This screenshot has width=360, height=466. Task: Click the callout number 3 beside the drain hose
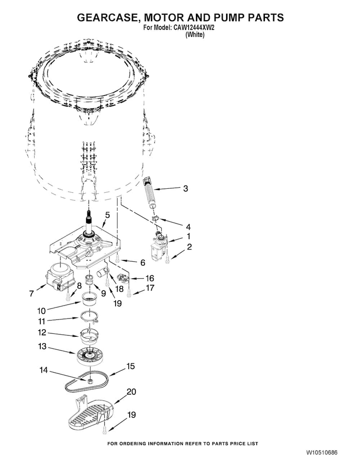pyautogui.click(x=185, y=188)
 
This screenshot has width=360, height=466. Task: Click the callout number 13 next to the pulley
pyautogui.click(x=42, y=346)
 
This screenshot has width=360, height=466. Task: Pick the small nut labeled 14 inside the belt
pyautogui.click(x=89, y=380)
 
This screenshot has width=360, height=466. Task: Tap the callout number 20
pyautogui.click(x=132, y=392)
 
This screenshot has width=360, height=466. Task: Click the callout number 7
pyautogui.click(x=32, y=294)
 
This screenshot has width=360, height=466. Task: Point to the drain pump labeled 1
pyautogui.click(x=159, y=246)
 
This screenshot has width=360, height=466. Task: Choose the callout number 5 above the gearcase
pyautogui.click(x=108, y=215)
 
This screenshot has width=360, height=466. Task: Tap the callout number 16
pyautogui.click(x=150, y=278)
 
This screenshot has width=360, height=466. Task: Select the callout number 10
pyautogui.click(x=41, y=311)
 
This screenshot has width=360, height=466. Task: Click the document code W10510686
pyautogui.click(x=322, y=453)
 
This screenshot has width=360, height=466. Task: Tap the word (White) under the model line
pyautogui.click(x=195, y=35)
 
